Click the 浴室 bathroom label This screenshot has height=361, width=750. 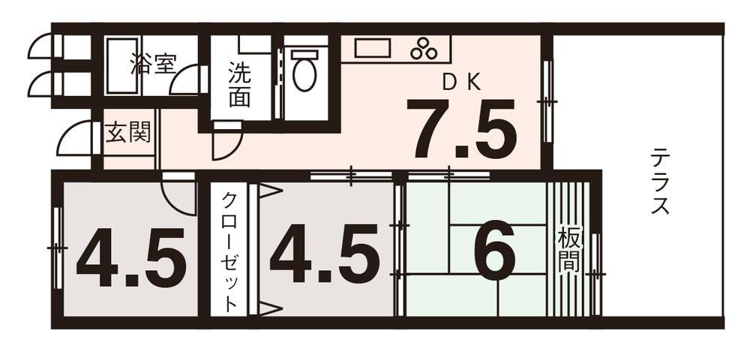151,64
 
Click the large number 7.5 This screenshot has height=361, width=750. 460,129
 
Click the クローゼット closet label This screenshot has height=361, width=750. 230,251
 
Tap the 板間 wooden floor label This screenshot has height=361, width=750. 568,251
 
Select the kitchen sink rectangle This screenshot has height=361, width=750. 373,49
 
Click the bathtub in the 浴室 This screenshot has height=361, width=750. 122,66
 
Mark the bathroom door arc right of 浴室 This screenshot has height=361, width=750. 186,80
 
